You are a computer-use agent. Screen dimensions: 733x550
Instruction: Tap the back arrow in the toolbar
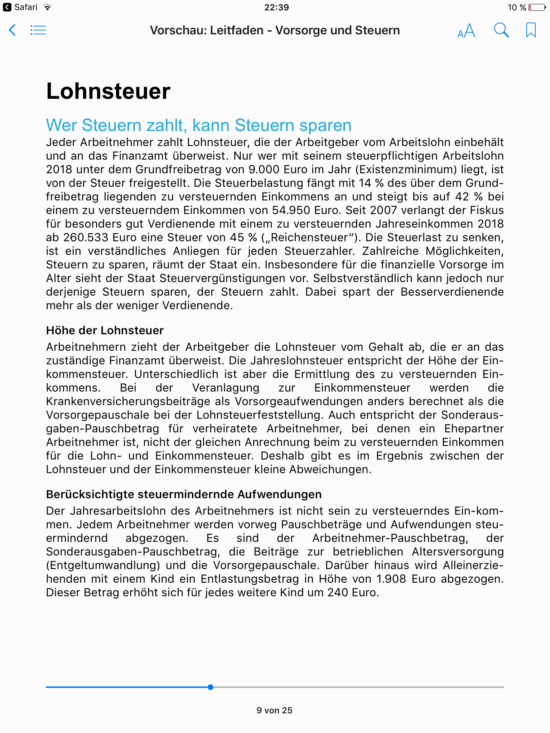click(12, 30)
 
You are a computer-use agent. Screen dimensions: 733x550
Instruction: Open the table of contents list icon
click(38, 30)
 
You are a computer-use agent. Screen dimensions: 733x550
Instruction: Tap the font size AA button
click(466, 31)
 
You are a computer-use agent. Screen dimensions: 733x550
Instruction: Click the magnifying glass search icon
click(501, 30)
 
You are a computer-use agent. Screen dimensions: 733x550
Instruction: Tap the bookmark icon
click(531, 30)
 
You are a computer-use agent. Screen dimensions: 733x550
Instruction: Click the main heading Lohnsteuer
click(108, 91)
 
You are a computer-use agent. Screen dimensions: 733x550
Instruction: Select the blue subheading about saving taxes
click(198, 125)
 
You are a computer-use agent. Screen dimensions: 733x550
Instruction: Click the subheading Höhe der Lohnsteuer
click(105, 330)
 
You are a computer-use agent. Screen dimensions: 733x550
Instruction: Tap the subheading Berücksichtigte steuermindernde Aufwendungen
click(184, 494)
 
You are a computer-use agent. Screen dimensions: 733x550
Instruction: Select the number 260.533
click(86, 238)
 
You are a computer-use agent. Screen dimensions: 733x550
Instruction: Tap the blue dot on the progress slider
click(211, 687)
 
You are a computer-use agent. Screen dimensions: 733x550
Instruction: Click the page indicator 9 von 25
click(275, 710)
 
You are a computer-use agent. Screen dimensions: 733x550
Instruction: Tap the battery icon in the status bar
click(537, 8)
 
